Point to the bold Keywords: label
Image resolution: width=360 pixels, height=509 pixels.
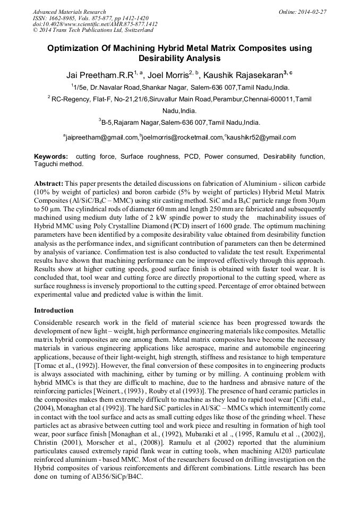51,157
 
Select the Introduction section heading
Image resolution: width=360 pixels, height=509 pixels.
54,310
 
